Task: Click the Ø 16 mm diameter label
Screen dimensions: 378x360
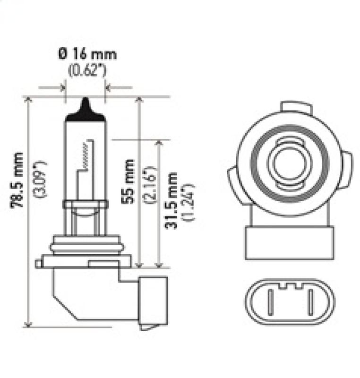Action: point(87,54)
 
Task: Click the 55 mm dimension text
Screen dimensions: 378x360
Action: point(128,181)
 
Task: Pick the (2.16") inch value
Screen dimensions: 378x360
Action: point(148,184)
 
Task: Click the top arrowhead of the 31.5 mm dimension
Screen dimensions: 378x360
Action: point(159,143)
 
